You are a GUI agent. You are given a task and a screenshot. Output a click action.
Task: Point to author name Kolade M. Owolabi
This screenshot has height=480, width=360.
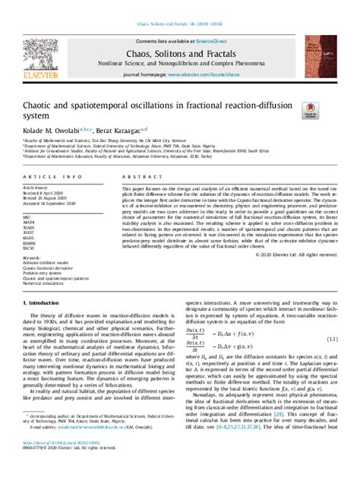click(53, 131)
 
